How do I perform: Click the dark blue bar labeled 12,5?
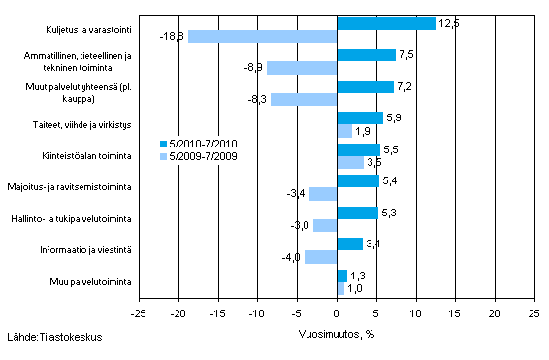386,23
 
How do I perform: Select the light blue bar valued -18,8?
262,37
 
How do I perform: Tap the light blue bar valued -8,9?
302,68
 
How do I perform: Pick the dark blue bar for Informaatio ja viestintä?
349,244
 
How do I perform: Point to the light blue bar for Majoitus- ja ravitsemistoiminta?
323,194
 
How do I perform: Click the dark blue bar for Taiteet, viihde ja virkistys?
360,118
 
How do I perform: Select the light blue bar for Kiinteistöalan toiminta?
350,162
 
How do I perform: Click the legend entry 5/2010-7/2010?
199,143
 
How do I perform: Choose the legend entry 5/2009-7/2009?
199,155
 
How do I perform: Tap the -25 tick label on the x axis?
139,314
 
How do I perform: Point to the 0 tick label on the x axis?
337,314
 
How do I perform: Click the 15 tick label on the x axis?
455,314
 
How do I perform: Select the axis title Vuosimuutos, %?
336,332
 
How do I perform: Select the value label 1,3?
357,276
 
